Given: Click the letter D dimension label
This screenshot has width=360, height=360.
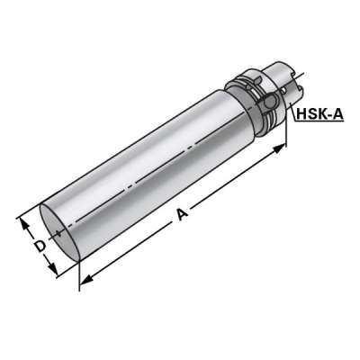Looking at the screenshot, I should click(x=38, y=244).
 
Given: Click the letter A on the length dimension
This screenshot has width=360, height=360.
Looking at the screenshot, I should click(x=184, y=214).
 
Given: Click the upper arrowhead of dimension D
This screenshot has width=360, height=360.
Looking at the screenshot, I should click(x=21, y=219).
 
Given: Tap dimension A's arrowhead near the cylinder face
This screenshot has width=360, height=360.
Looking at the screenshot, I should click(x=84, y=282).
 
